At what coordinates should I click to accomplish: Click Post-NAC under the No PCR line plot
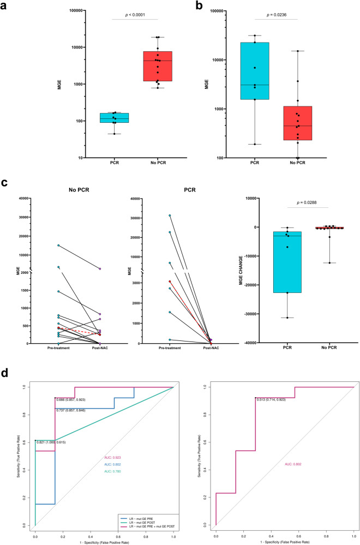point(100,349)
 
